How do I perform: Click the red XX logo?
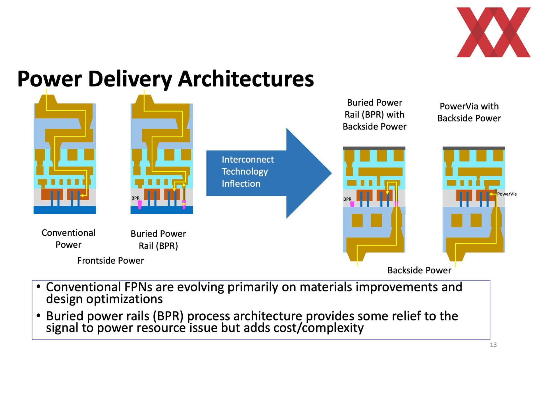493,32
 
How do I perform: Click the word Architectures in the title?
246,79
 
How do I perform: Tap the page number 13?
493,345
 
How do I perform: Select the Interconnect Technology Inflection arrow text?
248,172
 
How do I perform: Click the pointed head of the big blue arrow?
331,173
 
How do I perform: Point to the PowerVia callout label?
507,194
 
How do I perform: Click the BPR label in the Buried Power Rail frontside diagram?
135,198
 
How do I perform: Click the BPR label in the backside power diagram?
347,199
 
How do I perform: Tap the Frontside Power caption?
110,261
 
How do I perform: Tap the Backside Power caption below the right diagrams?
419,270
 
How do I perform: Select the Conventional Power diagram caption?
68,239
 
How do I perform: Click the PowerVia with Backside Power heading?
469,112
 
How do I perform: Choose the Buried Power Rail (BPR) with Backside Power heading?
374,114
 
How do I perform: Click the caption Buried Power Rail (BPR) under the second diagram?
158,240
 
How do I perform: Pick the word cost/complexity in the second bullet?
319,328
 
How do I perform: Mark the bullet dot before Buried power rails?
39,315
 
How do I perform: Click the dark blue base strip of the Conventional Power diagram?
65,210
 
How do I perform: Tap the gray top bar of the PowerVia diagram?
474,148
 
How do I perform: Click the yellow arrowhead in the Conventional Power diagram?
82,196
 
